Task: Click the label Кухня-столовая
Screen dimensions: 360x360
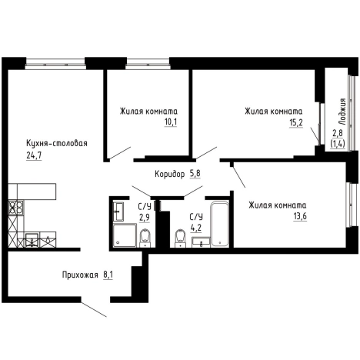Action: pos(57,144)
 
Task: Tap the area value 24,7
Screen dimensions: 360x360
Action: pos(34,155)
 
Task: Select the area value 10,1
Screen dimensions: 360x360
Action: pos(171,122)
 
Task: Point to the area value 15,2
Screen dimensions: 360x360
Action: pos(296,122)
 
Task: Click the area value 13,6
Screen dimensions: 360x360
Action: pos(300,216)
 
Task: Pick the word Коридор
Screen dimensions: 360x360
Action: pos(169,175)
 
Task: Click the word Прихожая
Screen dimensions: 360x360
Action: pos(80,275)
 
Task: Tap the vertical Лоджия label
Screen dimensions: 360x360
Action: pos(342,112)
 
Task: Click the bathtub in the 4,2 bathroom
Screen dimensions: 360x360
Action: pos(219,225)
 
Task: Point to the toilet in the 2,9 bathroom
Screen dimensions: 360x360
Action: pos(145,238)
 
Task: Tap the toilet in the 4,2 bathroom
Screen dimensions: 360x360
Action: pos(180,238)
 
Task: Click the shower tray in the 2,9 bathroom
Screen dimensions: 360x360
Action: pos(125,235)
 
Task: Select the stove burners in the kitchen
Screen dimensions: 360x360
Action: pos(16,208)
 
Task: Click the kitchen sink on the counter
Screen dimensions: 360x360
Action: pos(32,240)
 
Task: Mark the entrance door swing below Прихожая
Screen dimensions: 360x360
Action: pos(94,310)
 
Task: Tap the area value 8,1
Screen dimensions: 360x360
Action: pos(108,275)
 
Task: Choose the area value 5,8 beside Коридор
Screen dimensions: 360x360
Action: pos(195,174)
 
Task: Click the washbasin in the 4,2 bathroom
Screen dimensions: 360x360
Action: pos(201,242)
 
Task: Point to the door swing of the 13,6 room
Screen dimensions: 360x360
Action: pos(238,176)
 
